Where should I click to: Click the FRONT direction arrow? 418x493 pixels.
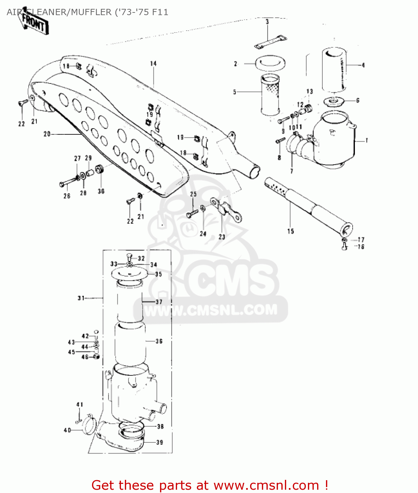click(33, 23)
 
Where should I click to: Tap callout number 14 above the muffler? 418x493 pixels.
click(153, 63)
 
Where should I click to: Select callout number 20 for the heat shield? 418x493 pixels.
click(47, 134)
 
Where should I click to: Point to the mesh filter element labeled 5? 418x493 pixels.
click(270, 95)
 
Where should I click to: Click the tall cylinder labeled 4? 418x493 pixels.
click(334, 69)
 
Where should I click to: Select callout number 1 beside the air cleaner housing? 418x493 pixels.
click(367, 141)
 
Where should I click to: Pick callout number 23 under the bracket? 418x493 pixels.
click(222, 237)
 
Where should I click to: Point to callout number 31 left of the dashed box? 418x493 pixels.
click(81, 298)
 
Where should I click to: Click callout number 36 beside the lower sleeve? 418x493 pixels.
click(159, 341)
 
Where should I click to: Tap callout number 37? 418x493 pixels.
click(159, 302)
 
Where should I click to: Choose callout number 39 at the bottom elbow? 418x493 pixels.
click(160, 442)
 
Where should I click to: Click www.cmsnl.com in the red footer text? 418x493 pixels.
click(266, 485)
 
